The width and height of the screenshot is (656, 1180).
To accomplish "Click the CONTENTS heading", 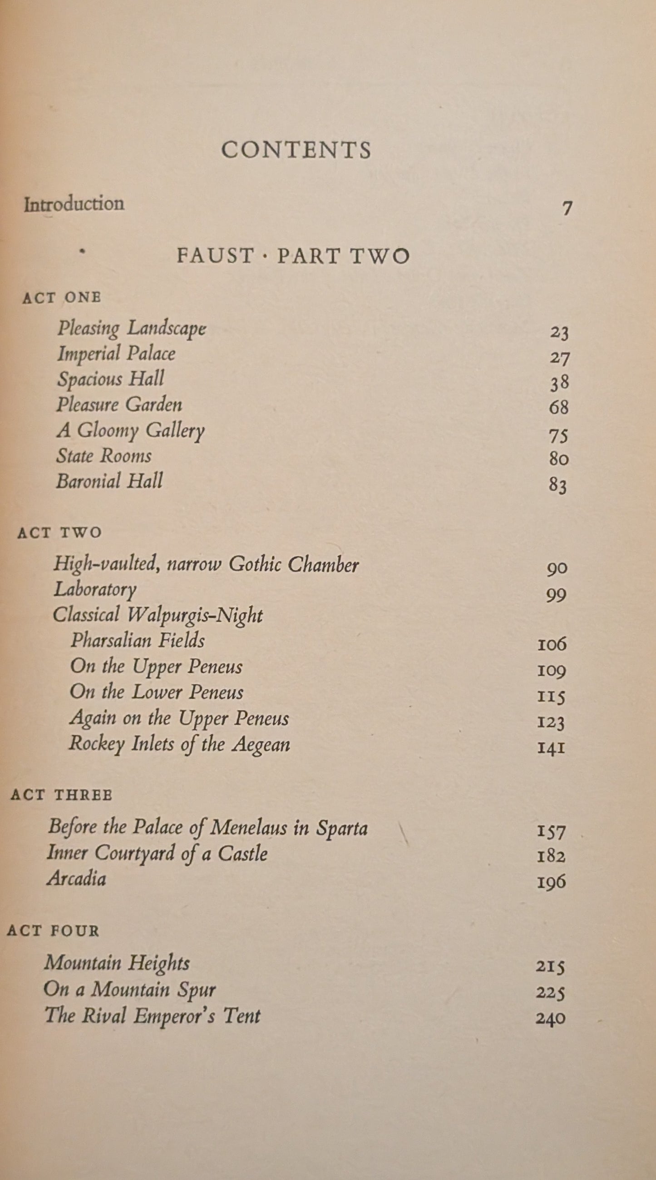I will pos(296,150).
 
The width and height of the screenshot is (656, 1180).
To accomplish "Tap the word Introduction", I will pos(74,204).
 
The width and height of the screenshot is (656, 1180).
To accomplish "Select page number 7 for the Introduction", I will pos(567,209).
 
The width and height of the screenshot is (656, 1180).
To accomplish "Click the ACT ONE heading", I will pos(62,298).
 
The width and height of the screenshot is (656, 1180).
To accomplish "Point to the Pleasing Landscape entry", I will pos(131,329).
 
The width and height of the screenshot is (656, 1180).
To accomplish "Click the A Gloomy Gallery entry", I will pos(130,431).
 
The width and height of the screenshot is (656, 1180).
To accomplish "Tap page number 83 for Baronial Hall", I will pos(558,485).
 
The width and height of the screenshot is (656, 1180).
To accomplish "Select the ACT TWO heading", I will pos(59,533).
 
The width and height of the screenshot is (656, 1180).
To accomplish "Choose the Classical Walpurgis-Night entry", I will pos(158,615).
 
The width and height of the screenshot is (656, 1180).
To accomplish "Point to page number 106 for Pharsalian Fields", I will pos(552,644).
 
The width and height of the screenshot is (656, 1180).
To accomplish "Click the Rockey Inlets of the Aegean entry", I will pos(179,744).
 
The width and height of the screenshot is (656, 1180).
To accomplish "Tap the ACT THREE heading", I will pos(61,795).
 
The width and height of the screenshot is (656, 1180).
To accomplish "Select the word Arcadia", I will pos(76,879).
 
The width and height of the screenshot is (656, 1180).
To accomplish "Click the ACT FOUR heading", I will pos(53,931).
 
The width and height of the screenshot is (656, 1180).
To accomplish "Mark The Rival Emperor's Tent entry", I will pos(152,1015).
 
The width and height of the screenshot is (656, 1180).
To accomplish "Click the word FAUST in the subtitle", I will pos(215,256).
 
